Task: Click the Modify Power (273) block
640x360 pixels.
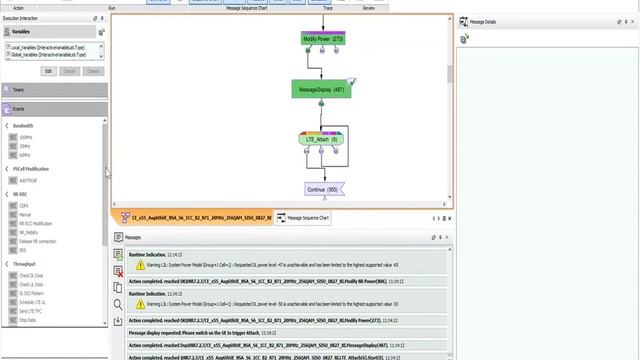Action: [x=322, y=39]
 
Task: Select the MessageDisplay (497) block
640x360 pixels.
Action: [x=321, y=89]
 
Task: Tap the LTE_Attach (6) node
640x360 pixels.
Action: [x=321, y=140]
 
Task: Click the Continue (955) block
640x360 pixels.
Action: [x=322, y=189]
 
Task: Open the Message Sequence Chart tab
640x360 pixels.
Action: [x=309, y=217]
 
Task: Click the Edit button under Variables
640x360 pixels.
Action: [x=48, y=71]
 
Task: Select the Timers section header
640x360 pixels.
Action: [x=20, y=90]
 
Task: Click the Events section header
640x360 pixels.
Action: [x=20, y=108]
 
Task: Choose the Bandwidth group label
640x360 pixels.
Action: [x=24, y=126]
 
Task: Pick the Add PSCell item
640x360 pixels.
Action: [x=29, y=180]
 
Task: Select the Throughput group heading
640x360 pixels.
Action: [x=25, y=265]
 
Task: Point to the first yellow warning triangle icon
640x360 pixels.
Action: [x=141, y=265]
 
